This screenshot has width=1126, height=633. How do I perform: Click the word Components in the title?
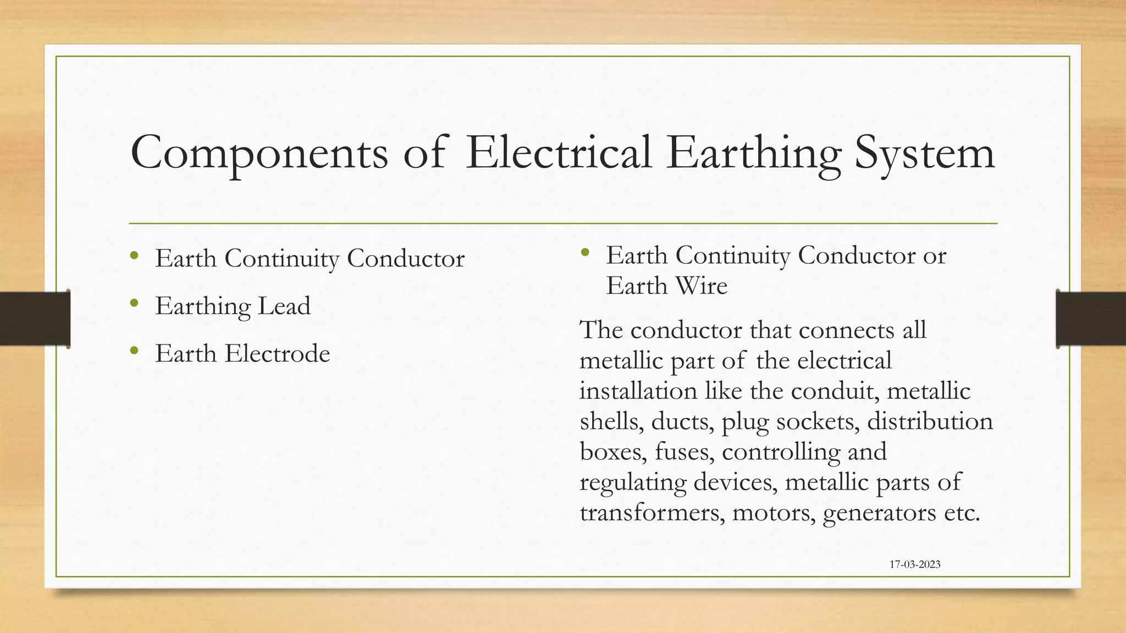(x=259, y=153)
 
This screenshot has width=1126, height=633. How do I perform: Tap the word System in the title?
(x=924, y=153)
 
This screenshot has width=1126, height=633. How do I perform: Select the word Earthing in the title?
(x=754, y=153)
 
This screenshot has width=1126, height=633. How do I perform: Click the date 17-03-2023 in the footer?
(x=915, y=564)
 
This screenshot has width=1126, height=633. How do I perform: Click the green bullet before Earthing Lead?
(x=134, y=303)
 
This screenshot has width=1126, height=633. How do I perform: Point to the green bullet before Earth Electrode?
(x=134, y=351)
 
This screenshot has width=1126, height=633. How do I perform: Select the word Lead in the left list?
(x=284, y=306)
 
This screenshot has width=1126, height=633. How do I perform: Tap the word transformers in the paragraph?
(x=652, y=513)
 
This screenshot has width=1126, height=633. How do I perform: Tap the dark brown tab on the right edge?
(x=1091, y=319)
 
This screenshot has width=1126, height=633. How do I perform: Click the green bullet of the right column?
(x=584, y=252)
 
